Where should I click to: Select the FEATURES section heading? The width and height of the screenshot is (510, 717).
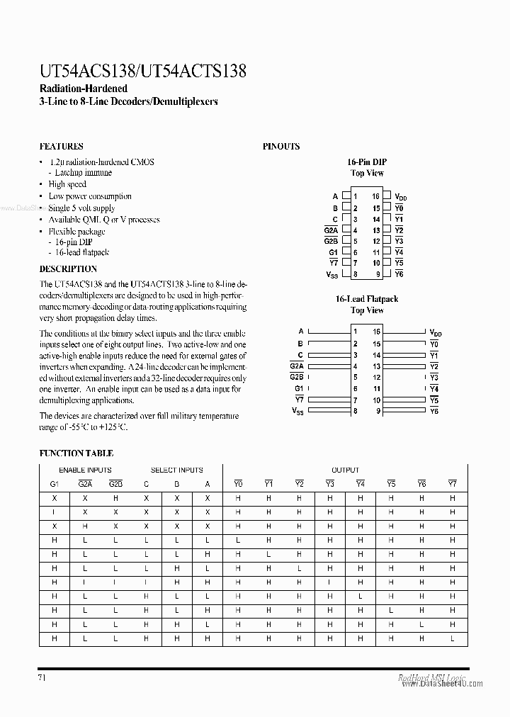pos(61,147)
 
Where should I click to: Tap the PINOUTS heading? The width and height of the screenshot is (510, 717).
pos(281,147)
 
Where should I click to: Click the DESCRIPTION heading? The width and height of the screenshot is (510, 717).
pos(68,269)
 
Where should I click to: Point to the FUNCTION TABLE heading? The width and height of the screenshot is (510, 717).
pos(76,453)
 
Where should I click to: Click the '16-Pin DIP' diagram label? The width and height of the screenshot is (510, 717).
pos(367,162)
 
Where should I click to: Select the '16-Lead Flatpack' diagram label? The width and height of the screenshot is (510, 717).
pos(366,300)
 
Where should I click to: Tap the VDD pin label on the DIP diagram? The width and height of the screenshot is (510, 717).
pos(400,197)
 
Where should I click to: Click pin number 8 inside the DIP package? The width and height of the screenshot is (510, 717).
pos(356,274)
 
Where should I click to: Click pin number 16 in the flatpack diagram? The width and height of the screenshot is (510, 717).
pos(378,332)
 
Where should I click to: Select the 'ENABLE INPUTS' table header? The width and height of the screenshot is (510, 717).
pos(85,470)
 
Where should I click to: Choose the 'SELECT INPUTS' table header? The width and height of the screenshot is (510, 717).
pos(177,470)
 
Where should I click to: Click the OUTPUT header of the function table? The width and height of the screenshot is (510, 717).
pos(345,470)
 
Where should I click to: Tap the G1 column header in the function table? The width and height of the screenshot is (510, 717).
pos(55,485)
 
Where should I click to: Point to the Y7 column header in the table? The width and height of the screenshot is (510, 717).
pos(453,485)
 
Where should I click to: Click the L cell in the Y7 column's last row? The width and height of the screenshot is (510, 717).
pos(453,638)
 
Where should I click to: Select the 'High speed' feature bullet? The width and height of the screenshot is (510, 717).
pos(67,184)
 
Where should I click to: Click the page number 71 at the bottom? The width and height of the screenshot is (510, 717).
pos(43,677)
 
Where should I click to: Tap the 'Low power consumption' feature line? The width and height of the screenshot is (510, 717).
pos(90,196)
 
